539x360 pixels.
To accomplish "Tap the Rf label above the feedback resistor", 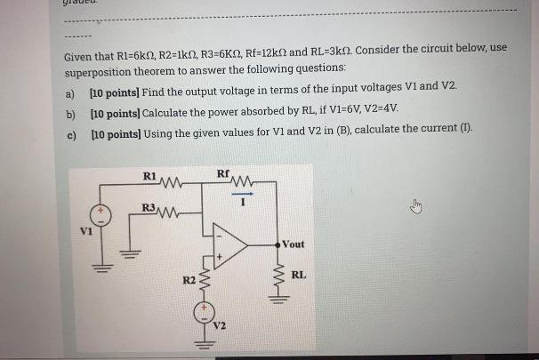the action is click(222, 173).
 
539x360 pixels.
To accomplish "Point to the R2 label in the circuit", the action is click(189, 281).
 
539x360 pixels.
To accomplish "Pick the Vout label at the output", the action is click(294, 243).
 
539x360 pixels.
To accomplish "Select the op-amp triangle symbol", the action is click(232, 244).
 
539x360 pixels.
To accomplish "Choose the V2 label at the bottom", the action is click(219, 326).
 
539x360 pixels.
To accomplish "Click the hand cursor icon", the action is click(414, 207).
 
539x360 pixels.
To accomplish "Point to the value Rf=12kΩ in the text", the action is click(276, 49).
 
